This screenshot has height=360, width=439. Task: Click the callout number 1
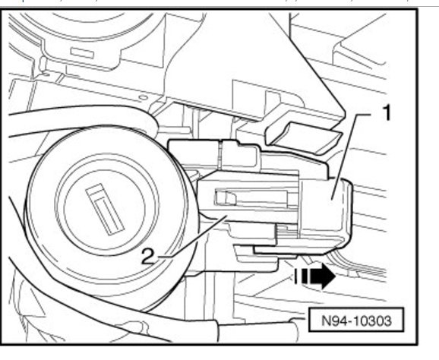386,112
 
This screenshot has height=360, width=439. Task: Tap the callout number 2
148,257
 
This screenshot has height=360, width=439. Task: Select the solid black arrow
318,276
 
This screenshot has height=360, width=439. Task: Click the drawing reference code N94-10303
356,321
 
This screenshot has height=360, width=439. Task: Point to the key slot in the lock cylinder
105,209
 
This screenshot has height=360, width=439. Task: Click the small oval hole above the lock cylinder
143,97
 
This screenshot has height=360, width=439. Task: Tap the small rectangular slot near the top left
82,53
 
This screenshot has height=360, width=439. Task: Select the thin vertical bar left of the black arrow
295,276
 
